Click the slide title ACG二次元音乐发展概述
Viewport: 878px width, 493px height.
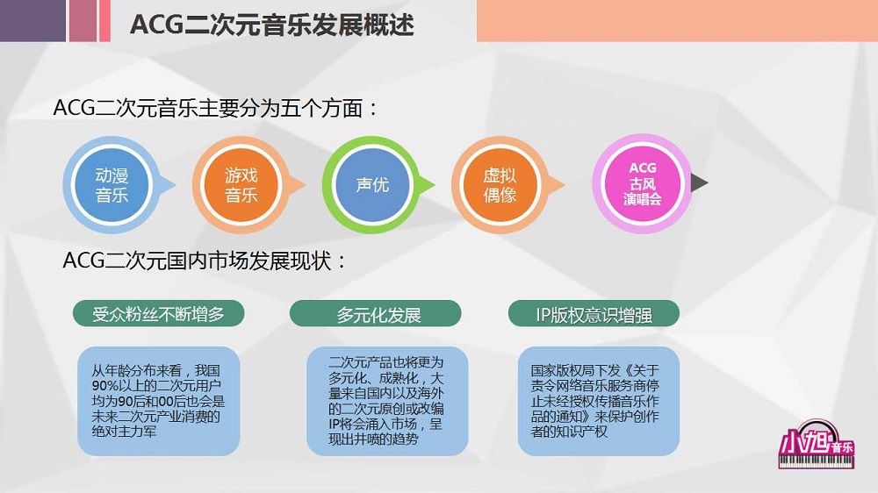(x=271, y=24)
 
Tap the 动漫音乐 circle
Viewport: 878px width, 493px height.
(x=112, y=185)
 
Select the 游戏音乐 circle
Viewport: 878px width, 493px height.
(x=241, y=185)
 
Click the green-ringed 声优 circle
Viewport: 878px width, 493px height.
(x=371, y=185)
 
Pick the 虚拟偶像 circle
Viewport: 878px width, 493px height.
(x=500, y=185)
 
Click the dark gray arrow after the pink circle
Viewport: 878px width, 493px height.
(x=700, y=182)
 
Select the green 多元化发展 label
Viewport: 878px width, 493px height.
(x=376, y=314)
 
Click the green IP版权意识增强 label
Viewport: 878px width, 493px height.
(x=594, y=314)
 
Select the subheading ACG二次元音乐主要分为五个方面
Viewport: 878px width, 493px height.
(x=216, y=109)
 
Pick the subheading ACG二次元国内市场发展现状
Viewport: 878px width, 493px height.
(x=205, y=261)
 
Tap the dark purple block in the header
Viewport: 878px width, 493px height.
(x=32, y=20)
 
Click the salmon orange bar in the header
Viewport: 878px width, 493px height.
(x=676, y=20)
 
